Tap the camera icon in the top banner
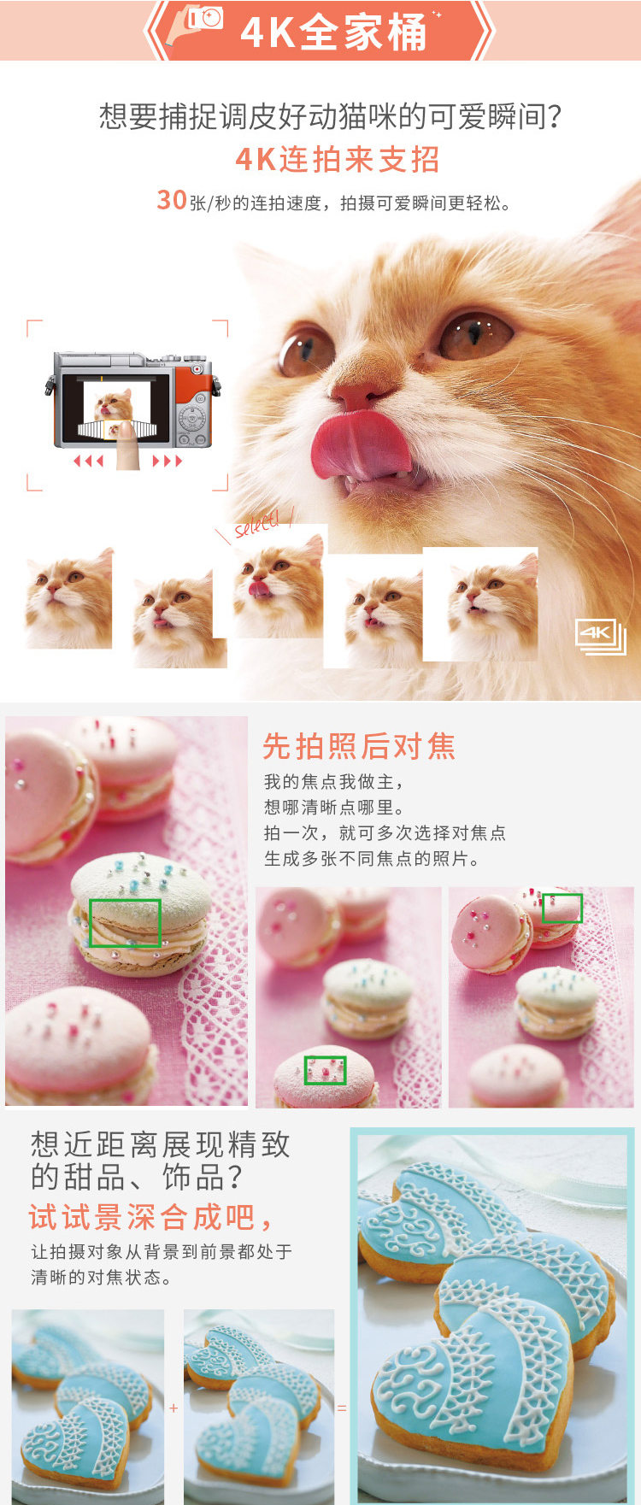[206, 18]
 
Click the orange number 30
[172, 199]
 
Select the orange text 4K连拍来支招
[338, 160]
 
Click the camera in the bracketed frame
[132, 398]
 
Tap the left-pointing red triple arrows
[88, 461]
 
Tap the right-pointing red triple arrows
[168, 461]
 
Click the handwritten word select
[257, 524]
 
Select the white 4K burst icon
[601, 637]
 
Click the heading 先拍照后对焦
[359, 746]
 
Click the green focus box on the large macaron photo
[125, 922]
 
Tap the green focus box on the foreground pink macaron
[326, 1070]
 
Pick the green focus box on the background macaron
[562, 908]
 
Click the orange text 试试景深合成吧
[150, 1216]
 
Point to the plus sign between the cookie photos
[173, 1408]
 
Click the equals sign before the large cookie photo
[342, 1408]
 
